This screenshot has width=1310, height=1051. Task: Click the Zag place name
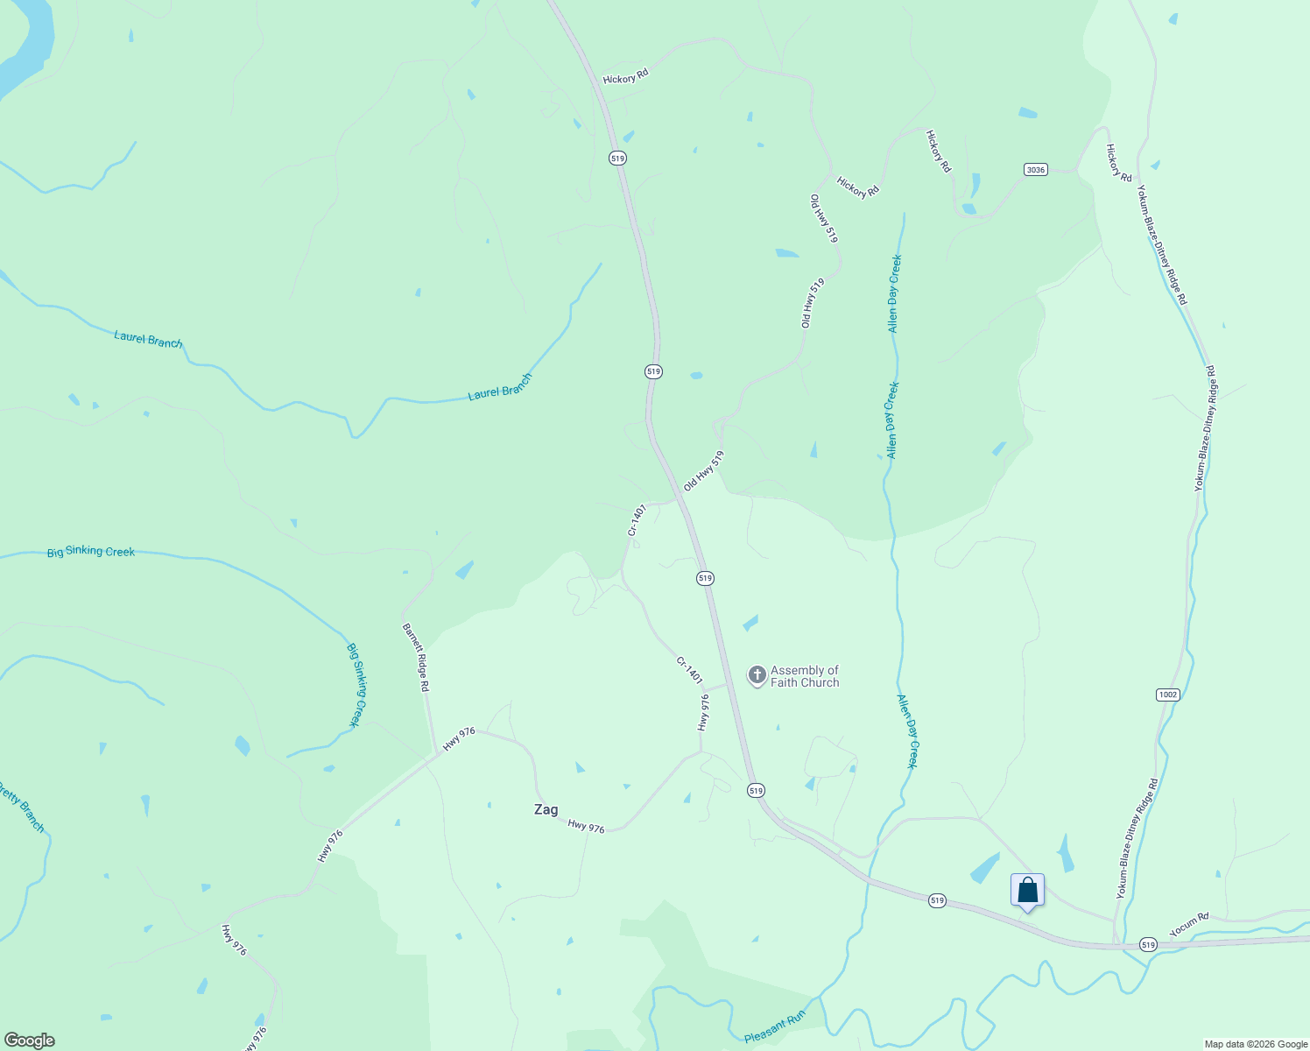546,810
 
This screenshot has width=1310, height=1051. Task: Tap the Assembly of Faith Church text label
805,676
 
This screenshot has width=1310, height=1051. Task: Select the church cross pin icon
757,675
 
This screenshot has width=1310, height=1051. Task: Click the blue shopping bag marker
1027,891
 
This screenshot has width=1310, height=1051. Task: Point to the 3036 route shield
1036,169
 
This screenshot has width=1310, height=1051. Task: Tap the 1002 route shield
1167,695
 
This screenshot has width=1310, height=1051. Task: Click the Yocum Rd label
1189,923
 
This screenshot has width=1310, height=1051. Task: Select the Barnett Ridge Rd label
416,658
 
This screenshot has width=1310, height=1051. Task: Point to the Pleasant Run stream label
774,1027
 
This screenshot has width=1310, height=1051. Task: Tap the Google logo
29,1040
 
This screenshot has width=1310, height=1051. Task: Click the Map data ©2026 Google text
1256,1044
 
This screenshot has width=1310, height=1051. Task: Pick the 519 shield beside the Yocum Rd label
1148,945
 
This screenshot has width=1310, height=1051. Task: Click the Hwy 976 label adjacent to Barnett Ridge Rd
458,739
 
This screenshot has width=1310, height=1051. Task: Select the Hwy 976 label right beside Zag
586,826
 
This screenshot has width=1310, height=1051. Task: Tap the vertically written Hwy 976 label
703,713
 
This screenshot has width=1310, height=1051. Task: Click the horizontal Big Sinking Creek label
91,552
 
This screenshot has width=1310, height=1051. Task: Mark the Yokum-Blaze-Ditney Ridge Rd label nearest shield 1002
1137,838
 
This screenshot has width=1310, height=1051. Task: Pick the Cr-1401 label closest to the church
689,670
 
